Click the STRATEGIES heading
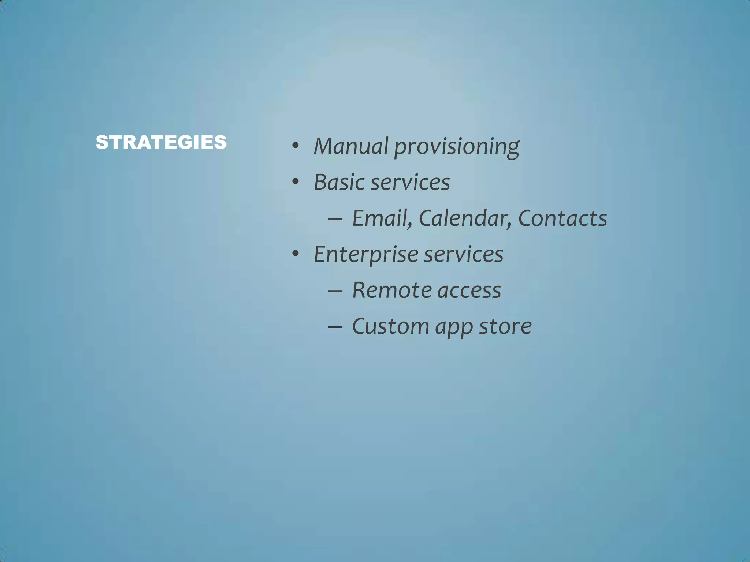tap(161, 142)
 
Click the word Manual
tap(350, 146)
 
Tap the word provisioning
tap(456, 147)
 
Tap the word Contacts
tap(562, 218)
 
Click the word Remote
tap(390, 291)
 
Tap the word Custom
tap(390, 326)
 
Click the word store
tap(505, 326)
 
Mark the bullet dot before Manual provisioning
tap(296, 146)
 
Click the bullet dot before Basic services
tap(296, 182)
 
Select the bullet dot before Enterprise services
tap(296, 254)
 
